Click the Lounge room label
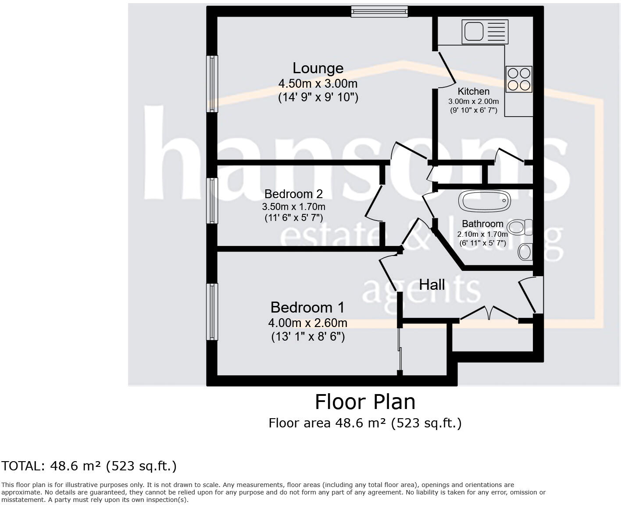click(318, 68)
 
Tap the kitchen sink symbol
click(485, 32)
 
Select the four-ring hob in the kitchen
click(519, 79)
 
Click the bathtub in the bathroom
click(485, 201)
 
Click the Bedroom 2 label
click(293, 194)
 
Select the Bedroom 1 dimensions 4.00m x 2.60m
click(307, 323)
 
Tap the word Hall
click(432, 285)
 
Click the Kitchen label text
click(473, 92)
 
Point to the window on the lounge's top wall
click(379, 11)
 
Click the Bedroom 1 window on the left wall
click(212, 312)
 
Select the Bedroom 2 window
click(212, 201)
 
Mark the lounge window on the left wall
click(212, 84)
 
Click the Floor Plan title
click(365, 402)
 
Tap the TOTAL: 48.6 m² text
click(89, 466)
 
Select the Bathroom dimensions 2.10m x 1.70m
click(482, 235)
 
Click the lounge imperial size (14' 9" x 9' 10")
click(318, 97)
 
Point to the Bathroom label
click(482, 224)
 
